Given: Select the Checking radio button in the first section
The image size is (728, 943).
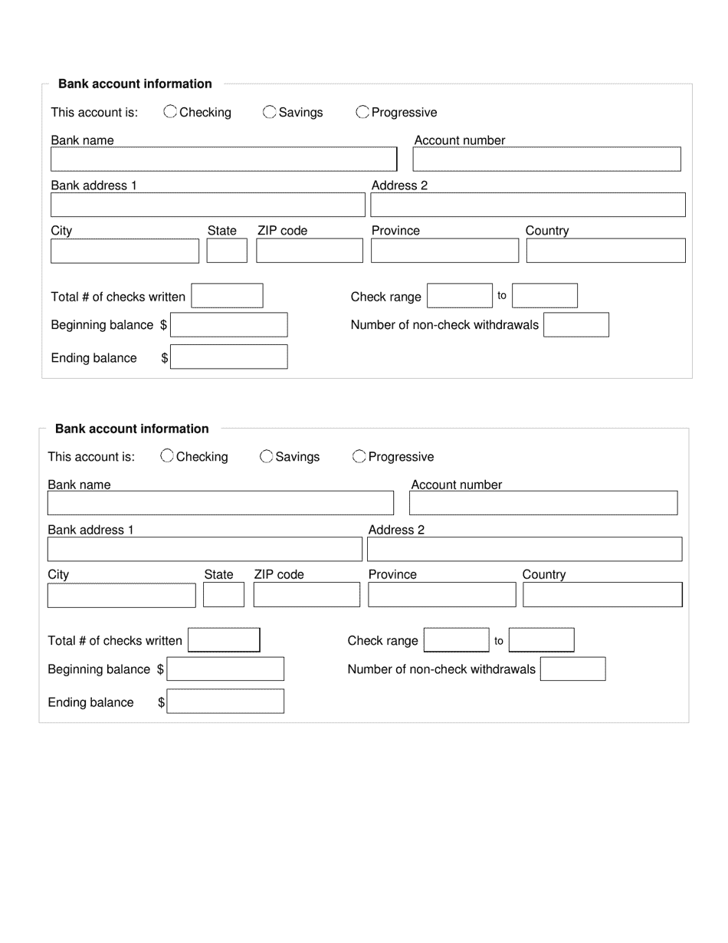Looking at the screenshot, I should [x=170, y=112].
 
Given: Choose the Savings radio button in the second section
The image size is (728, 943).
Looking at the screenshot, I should [x=267, y=456].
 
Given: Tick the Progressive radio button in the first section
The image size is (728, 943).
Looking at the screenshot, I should [x=362, y=112].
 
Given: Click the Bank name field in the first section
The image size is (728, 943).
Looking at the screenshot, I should [x=223, y=159].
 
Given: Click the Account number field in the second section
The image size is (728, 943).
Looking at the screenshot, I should [x=543, y=503].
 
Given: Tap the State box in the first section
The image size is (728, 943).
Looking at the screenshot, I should [x=227, y=251].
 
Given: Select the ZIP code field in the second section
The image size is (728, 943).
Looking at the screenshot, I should [x=307, y=595].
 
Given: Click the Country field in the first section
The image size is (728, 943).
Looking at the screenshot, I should [x=605, y=251].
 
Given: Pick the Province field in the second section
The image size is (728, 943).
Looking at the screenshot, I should [x=442, y=595].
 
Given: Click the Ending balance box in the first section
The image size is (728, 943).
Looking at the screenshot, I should [x=229, y=357].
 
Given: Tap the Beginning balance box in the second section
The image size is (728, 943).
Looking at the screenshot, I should [x=226, y=669].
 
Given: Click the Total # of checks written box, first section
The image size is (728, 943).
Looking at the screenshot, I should [x=227, y=296].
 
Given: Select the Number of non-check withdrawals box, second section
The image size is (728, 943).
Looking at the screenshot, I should [x=572, y=669].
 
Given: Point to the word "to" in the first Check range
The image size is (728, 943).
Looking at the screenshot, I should [x=502, y=296].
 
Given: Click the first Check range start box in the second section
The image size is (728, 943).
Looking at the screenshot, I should [x=456, y=640].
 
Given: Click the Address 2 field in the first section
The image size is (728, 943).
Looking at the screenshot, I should [x=528, y=205].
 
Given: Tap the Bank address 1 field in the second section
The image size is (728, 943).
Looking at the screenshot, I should [x=205, y=550].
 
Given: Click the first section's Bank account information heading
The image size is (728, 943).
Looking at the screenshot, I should [x=135, y=84].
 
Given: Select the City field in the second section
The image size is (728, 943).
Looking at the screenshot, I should [x=122, y=595].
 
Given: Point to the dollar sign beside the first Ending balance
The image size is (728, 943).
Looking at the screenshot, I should [x=165, y=358].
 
